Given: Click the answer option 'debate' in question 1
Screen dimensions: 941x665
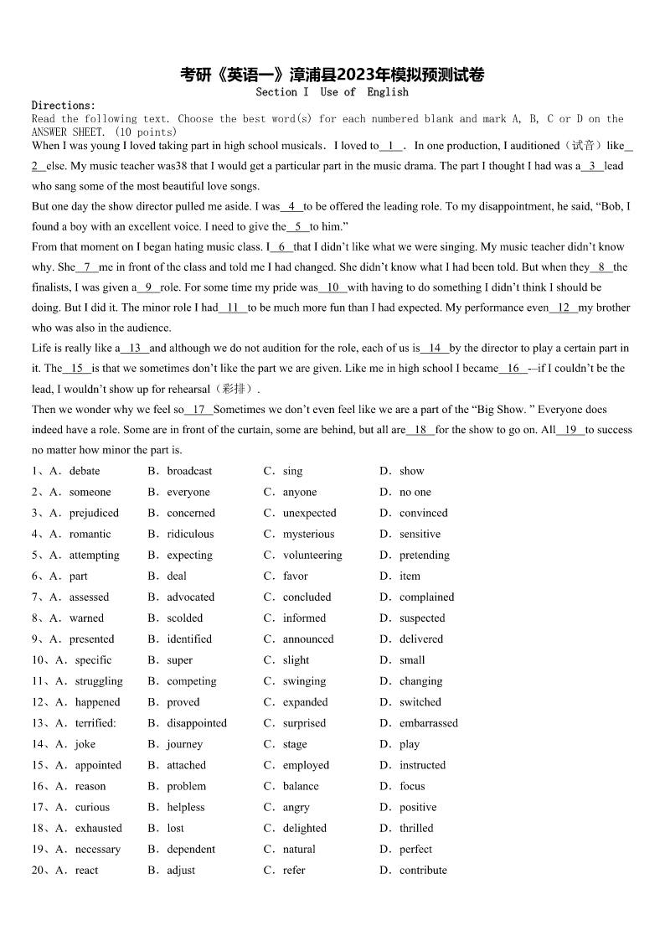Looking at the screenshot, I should coord(84,471).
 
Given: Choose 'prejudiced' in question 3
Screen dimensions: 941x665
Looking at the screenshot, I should coord(94,513).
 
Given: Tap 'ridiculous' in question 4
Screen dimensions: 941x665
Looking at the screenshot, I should coord(190,534).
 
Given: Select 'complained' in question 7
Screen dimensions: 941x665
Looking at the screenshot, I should coord(426,597).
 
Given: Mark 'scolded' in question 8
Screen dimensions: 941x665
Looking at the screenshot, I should coord(184,618).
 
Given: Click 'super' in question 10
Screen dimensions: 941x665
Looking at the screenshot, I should coord(179,660).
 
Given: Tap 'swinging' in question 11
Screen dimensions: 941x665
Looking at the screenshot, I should coord(304,681).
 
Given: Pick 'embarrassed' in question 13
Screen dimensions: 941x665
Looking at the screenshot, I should coord(429,723).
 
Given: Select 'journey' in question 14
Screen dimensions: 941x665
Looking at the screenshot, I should coord(184,744).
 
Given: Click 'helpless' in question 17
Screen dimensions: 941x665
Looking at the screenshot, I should coord(185,807).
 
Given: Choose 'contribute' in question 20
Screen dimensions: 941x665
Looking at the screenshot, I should coord(423,870).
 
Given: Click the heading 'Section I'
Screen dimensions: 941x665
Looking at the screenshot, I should coord(282,91).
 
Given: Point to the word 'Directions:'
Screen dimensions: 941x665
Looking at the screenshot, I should coord(64,106).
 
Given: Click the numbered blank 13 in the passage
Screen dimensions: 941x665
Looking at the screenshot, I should coord(135,348).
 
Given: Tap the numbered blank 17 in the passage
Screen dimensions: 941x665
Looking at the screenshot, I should coord(198,410).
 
